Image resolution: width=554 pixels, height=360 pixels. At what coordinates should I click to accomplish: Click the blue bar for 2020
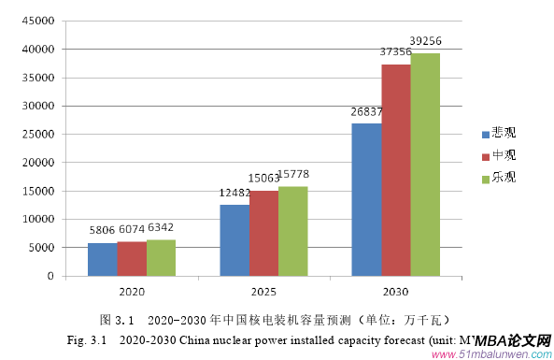tap(102, 259)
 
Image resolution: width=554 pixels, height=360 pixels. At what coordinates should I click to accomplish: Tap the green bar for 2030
tap(425, 164)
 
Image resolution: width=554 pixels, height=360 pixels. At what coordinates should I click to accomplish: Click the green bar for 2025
tap(292, 231)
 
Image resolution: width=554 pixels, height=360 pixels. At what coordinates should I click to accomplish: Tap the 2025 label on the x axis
tap(263, 290)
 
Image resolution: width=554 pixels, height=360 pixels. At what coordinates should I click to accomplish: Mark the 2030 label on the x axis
tap(395, 290)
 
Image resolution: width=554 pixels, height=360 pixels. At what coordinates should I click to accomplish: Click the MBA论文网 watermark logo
tap(513, 342)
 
